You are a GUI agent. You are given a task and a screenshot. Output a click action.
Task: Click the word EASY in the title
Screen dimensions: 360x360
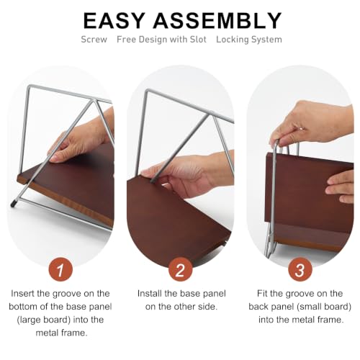tap(114, 21)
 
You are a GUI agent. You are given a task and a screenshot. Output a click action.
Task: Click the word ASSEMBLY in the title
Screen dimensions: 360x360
tap(217, 21)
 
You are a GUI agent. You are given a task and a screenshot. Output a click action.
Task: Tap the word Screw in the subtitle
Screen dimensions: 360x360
tap(94, 40)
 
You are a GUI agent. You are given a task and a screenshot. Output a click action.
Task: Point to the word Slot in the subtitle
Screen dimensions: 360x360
tap(198, 40)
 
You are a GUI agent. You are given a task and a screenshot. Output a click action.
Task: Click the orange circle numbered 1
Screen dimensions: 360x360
tap(60, 269)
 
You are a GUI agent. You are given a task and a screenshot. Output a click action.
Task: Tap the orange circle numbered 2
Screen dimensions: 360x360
tap(180, 269)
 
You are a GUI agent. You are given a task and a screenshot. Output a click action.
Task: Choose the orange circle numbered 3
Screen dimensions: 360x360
tap(300, 269)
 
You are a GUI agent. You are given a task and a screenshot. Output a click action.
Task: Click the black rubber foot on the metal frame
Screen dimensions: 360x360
tap(13, 204)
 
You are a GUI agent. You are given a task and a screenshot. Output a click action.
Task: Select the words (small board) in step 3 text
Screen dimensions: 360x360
tap(328, 307)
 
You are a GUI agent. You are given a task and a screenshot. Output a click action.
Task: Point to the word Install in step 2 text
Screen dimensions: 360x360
tap(150, 293)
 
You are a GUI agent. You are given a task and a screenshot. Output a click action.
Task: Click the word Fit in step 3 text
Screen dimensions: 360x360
tap(262, 293)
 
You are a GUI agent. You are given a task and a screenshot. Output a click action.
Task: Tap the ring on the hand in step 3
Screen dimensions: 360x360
tap(301, 129)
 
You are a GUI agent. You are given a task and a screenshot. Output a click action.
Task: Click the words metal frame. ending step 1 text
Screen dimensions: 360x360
tap(61, 333)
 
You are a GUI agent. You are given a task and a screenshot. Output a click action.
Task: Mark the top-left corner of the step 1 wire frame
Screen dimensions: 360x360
tap(30, 86)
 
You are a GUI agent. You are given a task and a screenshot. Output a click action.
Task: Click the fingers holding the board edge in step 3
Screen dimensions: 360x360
tap(339, 186)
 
